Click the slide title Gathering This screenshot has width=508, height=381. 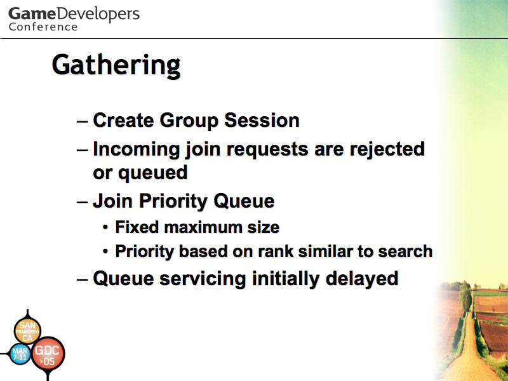[116, 66]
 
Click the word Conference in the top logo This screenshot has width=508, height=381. [43, 27]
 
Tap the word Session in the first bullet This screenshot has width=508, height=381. [262, 120]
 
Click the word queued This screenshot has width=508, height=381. [153, 173]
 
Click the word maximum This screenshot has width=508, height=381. [203, 227]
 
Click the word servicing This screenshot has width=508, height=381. [203, 279]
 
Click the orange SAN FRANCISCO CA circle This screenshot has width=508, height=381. [27, 331]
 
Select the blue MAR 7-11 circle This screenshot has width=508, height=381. [20, 354]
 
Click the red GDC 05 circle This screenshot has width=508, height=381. [48, 354]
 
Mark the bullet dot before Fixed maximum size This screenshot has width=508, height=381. [105, 227]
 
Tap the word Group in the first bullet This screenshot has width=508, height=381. [189, 121]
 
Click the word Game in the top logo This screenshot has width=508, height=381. [32, 14]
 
